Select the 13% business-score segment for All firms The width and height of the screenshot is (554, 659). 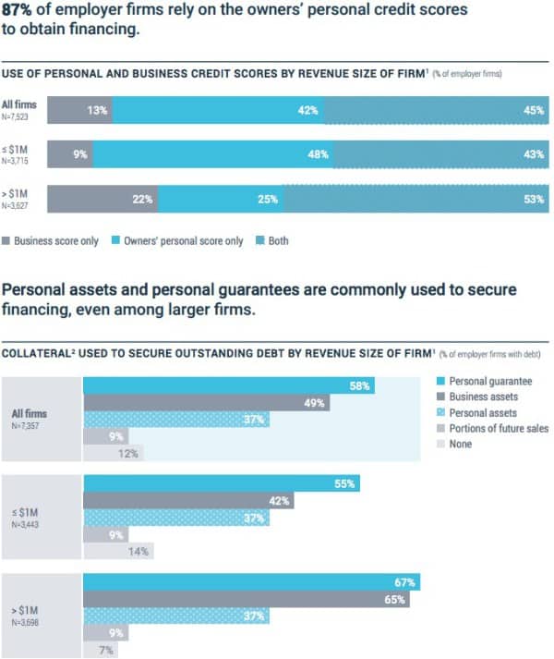80,110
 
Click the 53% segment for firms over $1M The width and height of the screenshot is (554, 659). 415,199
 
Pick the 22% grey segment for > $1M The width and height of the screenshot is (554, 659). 102,199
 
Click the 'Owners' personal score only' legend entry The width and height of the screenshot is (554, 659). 183,241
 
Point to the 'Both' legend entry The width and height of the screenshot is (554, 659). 272,241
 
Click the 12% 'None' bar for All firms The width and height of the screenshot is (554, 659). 113,453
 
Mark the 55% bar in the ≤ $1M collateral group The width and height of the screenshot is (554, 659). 222,483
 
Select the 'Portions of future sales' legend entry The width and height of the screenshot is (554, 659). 499,428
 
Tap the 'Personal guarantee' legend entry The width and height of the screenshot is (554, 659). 489,381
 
